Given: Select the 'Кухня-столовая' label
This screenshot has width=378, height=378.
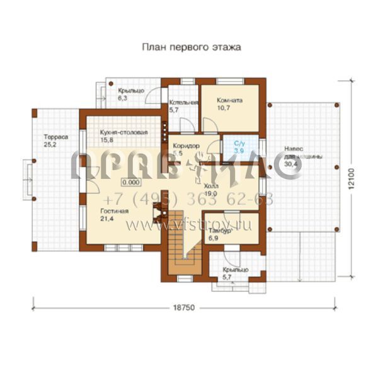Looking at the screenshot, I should coord(123,132).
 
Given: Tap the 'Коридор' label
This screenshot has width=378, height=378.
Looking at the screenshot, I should coord(186,146).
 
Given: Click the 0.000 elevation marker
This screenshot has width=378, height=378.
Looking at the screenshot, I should coord(131,182).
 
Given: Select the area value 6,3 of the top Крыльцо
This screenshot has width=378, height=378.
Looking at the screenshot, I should coord(122,99).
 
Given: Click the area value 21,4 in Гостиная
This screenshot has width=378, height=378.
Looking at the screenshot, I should coord(106,219).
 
